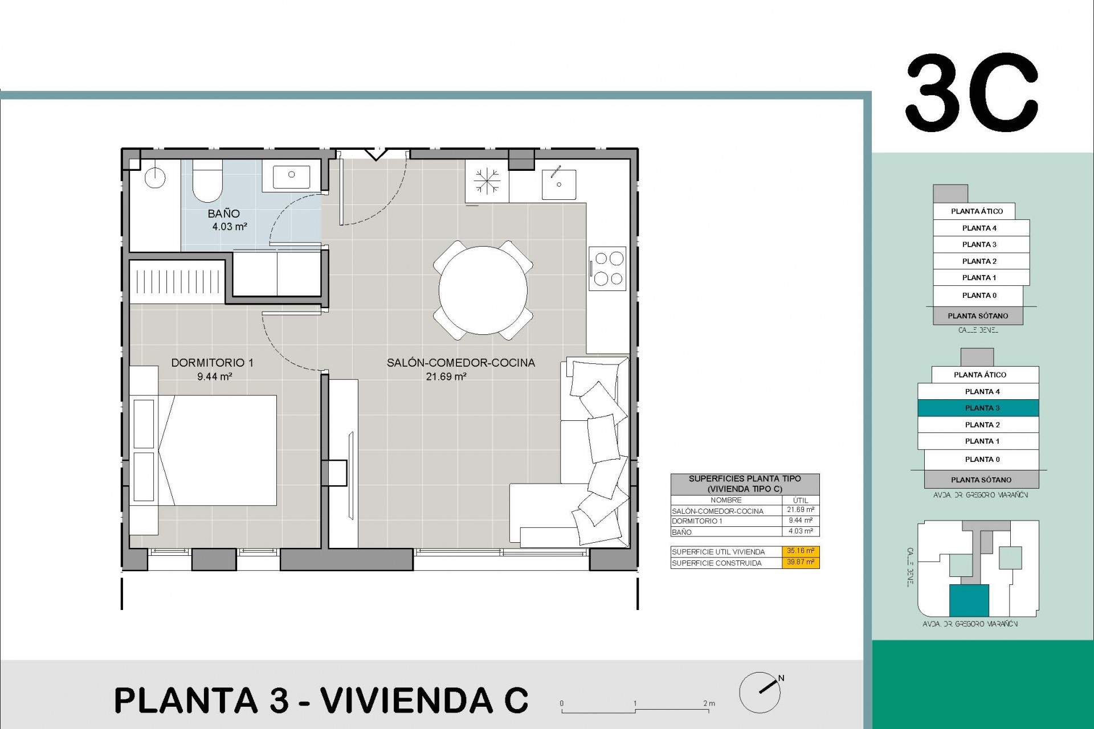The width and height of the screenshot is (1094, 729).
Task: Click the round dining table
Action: [x=483, y=290]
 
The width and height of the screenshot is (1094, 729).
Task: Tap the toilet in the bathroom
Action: [x=207, y=181]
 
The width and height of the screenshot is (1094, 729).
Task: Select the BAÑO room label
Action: [x=223, y=214]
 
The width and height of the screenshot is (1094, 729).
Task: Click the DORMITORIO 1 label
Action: [x=212, y=363]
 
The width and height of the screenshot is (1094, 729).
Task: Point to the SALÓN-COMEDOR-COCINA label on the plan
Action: [x=460, y=363]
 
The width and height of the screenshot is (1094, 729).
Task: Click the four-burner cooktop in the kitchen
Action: [x=607, y=268]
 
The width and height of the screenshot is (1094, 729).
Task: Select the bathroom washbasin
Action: [x=291, y=175]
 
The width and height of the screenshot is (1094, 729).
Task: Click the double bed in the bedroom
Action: [x=219, y=450]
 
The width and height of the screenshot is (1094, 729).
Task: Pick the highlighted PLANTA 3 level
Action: [x=982, y=408]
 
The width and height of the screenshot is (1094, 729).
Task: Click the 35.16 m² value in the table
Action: [x=801, y=551]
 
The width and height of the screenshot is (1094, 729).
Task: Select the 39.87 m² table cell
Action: [x=801, y=563]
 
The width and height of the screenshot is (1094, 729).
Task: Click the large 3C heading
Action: [x=972, y=93]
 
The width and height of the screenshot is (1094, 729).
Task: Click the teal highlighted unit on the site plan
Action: [x=968, y=601]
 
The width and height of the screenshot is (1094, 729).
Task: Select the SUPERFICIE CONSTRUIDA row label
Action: [x=716, y=563]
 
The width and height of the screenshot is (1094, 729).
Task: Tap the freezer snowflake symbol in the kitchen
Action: [x=487, y=182]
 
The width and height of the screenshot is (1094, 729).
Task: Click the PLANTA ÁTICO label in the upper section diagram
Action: [x=977, y=211]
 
